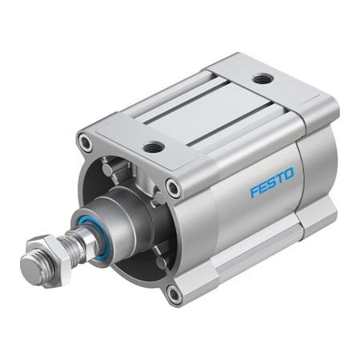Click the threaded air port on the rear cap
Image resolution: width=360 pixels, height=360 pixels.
[x=260, y=78]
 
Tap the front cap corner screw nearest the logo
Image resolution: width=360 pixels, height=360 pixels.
[x=174, y=189]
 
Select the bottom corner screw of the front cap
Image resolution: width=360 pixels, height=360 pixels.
[x=174, y=295]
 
